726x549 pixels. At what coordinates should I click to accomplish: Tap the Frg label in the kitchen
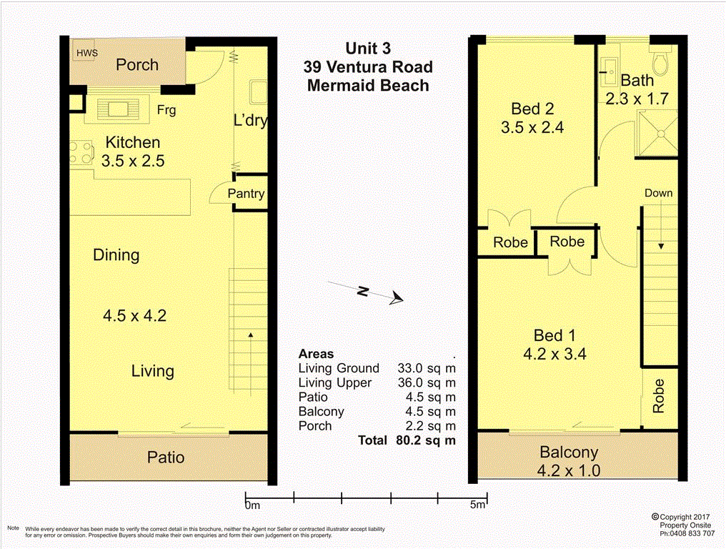166,110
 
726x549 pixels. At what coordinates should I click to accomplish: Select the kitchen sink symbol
117,109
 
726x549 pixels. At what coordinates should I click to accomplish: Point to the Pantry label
246,194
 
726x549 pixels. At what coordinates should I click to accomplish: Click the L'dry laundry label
251,120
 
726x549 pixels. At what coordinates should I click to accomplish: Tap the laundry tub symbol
257,93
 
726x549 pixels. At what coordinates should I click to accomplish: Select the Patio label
166,457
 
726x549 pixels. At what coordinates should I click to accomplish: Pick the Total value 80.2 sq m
425,440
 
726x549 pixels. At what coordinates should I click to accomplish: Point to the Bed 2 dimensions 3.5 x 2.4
533,128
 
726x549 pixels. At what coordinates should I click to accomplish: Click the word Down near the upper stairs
658,193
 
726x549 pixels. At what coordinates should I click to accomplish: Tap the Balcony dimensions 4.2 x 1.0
570,470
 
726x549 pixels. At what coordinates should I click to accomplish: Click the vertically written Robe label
658,396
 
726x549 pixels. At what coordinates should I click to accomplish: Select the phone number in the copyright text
687,533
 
